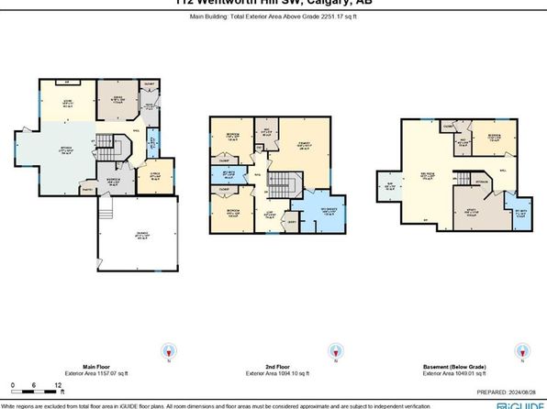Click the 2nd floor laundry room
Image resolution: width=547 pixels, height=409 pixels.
coord(293,220)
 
